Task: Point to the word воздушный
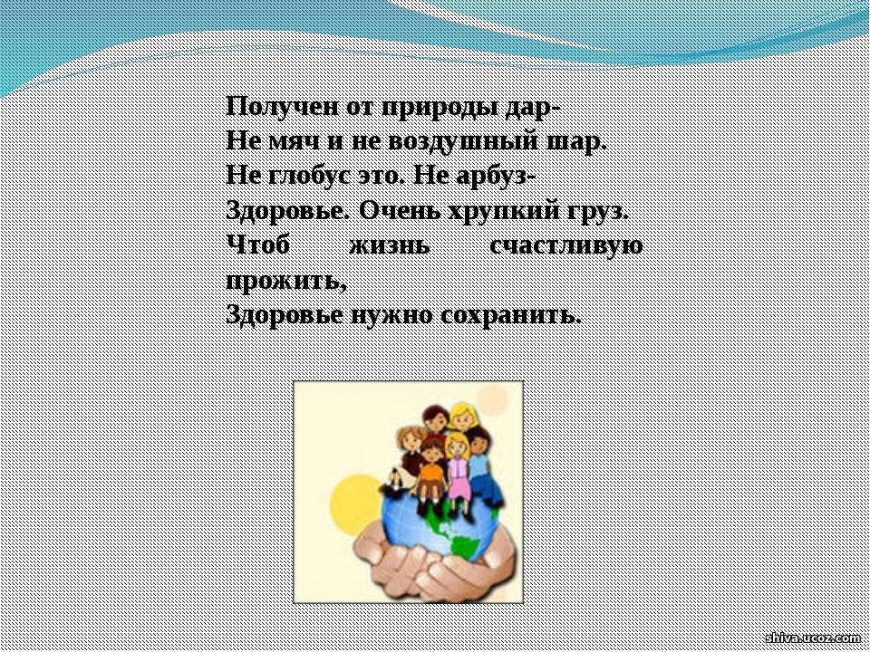click(x=463, y=142)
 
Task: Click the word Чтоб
click(x=258, y=245)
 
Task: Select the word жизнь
click(x=390, y=245)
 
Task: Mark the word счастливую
click(x=566, y=246)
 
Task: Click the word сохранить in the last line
click(x=511, y=316)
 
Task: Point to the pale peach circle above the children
click(x=491, y=400)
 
